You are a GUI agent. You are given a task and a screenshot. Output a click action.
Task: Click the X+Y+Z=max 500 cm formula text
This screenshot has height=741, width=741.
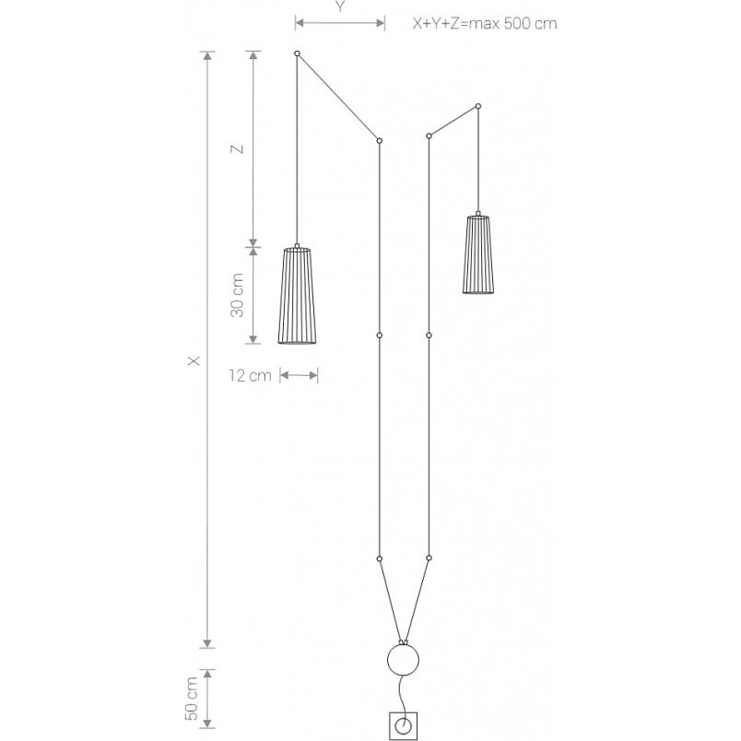click(485, 23)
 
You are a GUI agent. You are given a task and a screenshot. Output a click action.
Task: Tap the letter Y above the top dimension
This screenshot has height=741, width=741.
click(340, 7)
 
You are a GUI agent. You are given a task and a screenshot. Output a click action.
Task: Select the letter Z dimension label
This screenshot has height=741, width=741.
click(237, 148)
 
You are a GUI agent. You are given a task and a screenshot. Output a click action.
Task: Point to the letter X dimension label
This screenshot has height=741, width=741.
click(194, 360)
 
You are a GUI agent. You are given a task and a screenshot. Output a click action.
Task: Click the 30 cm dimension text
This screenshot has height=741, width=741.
click(237, 295)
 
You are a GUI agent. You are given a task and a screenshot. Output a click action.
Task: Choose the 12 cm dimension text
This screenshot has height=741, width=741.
click(250, 376)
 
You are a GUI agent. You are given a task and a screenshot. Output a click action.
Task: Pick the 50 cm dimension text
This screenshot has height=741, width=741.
click(192, 699)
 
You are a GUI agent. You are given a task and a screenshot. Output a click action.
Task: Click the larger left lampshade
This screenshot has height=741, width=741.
click(297, 295)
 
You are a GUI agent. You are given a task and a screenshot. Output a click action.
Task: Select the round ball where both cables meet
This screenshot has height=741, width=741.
click(403, 660)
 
